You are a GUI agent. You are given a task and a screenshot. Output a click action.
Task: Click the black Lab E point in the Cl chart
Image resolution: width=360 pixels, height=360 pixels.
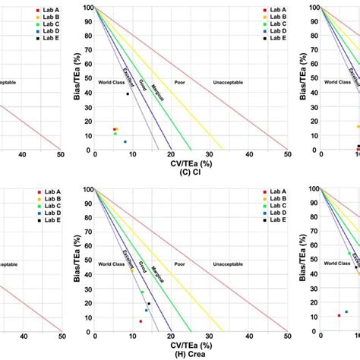click(128, 93)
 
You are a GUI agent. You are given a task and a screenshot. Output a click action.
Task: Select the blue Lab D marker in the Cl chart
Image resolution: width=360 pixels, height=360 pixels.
click(125, 142)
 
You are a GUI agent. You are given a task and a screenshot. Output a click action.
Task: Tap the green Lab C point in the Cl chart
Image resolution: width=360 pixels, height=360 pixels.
click(115, 134)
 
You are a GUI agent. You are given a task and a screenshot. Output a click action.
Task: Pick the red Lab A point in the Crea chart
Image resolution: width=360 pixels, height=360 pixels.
click(141, 321)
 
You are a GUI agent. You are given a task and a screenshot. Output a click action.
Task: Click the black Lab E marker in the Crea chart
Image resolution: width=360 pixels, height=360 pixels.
click(149, 304)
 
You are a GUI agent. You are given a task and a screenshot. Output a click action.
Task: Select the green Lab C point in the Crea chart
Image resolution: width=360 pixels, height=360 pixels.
click(142, 292)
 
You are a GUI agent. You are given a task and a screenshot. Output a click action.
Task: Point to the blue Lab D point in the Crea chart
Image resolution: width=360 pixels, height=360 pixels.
click(146, 311)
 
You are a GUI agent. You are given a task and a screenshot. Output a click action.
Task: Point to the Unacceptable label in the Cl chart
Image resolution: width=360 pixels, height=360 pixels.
click(228, 81)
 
